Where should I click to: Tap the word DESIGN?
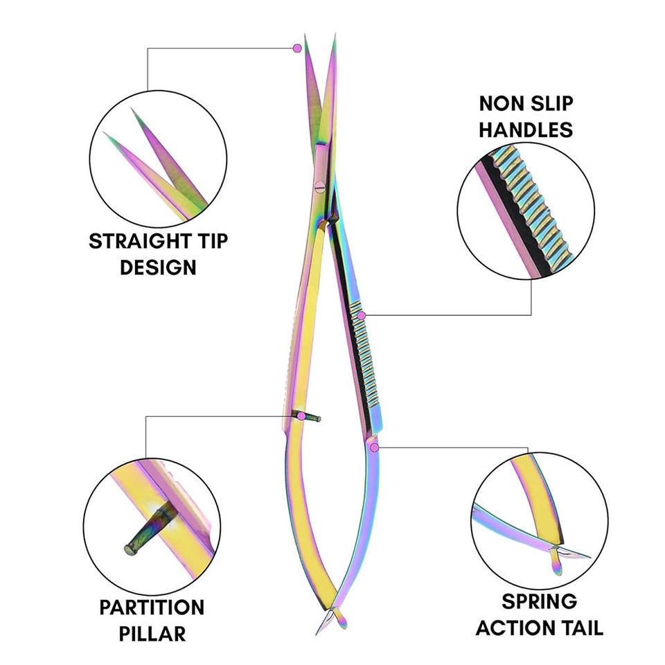click(x=158, y=267)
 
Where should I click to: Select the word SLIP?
click(x=549, y=104)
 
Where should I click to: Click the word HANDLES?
click(x=526, y=129)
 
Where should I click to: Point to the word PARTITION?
click(x=152, y=608)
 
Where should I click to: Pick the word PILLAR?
click(x=152, y=633)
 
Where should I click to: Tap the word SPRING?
click(x=539, y=602)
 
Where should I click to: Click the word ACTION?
click(x=514, y=628)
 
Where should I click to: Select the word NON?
click(x=501, y=104)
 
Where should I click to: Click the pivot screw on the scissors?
click(x=319, y=185)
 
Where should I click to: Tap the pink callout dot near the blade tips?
click(x=297, y=48)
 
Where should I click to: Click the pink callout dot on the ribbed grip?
click(x=361, y=316)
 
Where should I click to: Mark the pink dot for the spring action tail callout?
click(x=375, y=447)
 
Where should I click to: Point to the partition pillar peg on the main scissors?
click(x=308, y=416)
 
